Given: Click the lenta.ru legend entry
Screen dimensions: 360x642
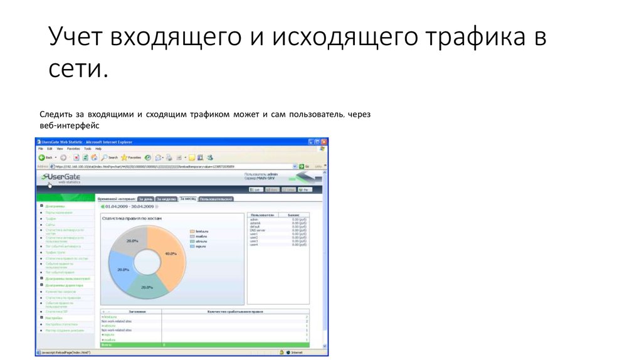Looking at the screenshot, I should tap(201, 231).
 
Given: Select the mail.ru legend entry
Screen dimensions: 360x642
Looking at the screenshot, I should tap(201, 236).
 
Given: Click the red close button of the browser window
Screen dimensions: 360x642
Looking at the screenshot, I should tap(324, 143).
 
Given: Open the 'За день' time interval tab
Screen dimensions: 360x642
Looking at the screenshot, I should tap(145, 199).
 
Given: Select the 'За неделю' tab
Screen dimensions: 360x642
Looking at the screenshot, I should tap(166, 199).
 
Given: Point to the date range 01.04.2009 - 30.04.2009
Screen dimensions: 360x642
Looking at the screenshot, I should tap(128, 206).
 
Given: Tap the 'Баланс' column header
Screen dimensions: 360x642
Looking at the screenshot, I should tap(293, 214).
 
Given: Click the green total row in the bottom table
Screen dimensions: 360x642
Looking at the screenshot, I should tap(204, 345).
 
